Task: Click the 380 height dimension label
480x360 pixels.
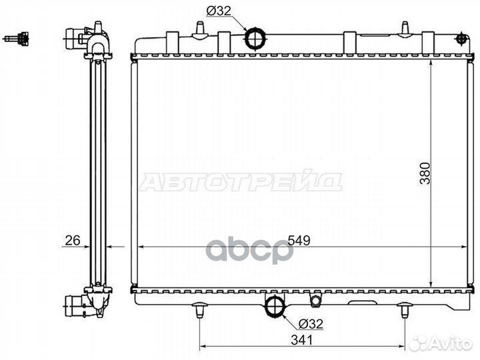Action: pos(425,173)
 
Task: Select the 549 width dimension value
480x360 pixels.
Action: pos(299,240)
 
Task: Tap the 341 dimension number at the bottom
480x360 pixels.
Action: pos(302,339)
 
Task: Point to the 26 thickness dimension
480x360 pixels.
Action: pos(73,240)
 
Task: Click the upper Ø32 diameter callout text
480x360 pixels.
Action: pos(219,11)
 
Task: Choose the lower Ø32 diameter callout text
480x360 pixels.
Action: pos(311,323)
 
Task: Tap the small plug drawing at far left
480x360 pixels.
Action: pos(17,39)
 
